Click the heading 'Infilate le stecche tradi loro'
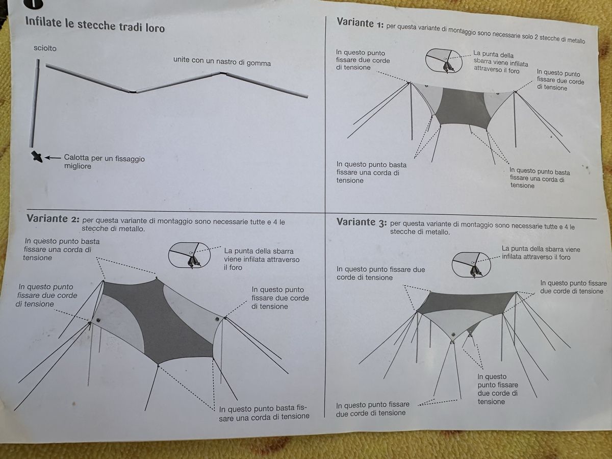(x=95, y=25)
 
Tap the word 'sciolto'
(x=45, y=48)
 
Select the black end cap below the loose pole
(x=37, y=157)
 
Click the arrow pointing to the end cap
(x=53, y=158)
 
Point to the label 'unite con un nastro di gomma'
(x=222, y=61)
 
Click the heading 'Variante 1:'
(x=360, y=23)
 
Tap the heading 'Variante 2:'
(x=53, y=219)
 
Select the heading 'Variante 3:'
(x=362, y=222)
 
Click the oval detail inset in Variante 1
(x=444, y=61)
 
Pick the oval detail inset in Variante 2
(x=189, y=255)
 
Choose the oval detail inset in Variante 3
(x=471, y=265)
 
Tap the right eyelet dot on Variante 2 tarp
(x=217, y=319)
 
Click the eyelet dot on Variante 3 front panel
(x=453, y=334)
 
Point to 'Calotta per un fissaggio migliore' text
(x=104, y=162)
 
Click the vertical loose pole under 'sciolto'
(x=35, y=103)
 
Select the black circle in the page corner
(x=33, y=4)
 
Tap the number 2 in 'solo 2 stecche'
(x=536, y=38)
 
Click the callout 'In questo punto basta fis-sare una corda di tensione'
(x=264, y=413)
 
